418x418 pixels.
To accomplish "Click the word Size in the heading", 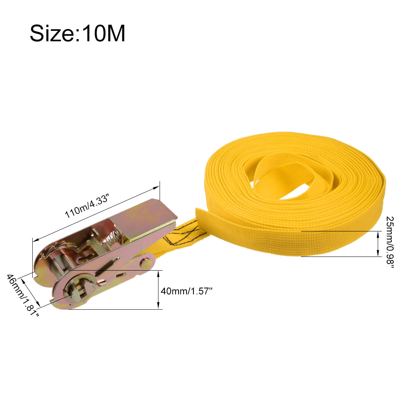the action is (x=52, y=33).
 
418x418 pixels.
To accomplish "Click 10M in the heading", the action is (x=103, y=33).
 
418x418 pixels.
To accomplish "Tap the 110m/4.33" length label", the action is (x=87, y=206).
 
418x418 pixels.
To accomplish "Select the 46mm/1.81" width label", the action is (x=22, y=295).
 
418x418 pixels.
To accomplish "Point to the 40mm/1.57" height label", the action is (x=186, y=291).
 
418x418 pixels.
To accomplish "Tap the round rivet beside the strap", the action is (x=146, y=263).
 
